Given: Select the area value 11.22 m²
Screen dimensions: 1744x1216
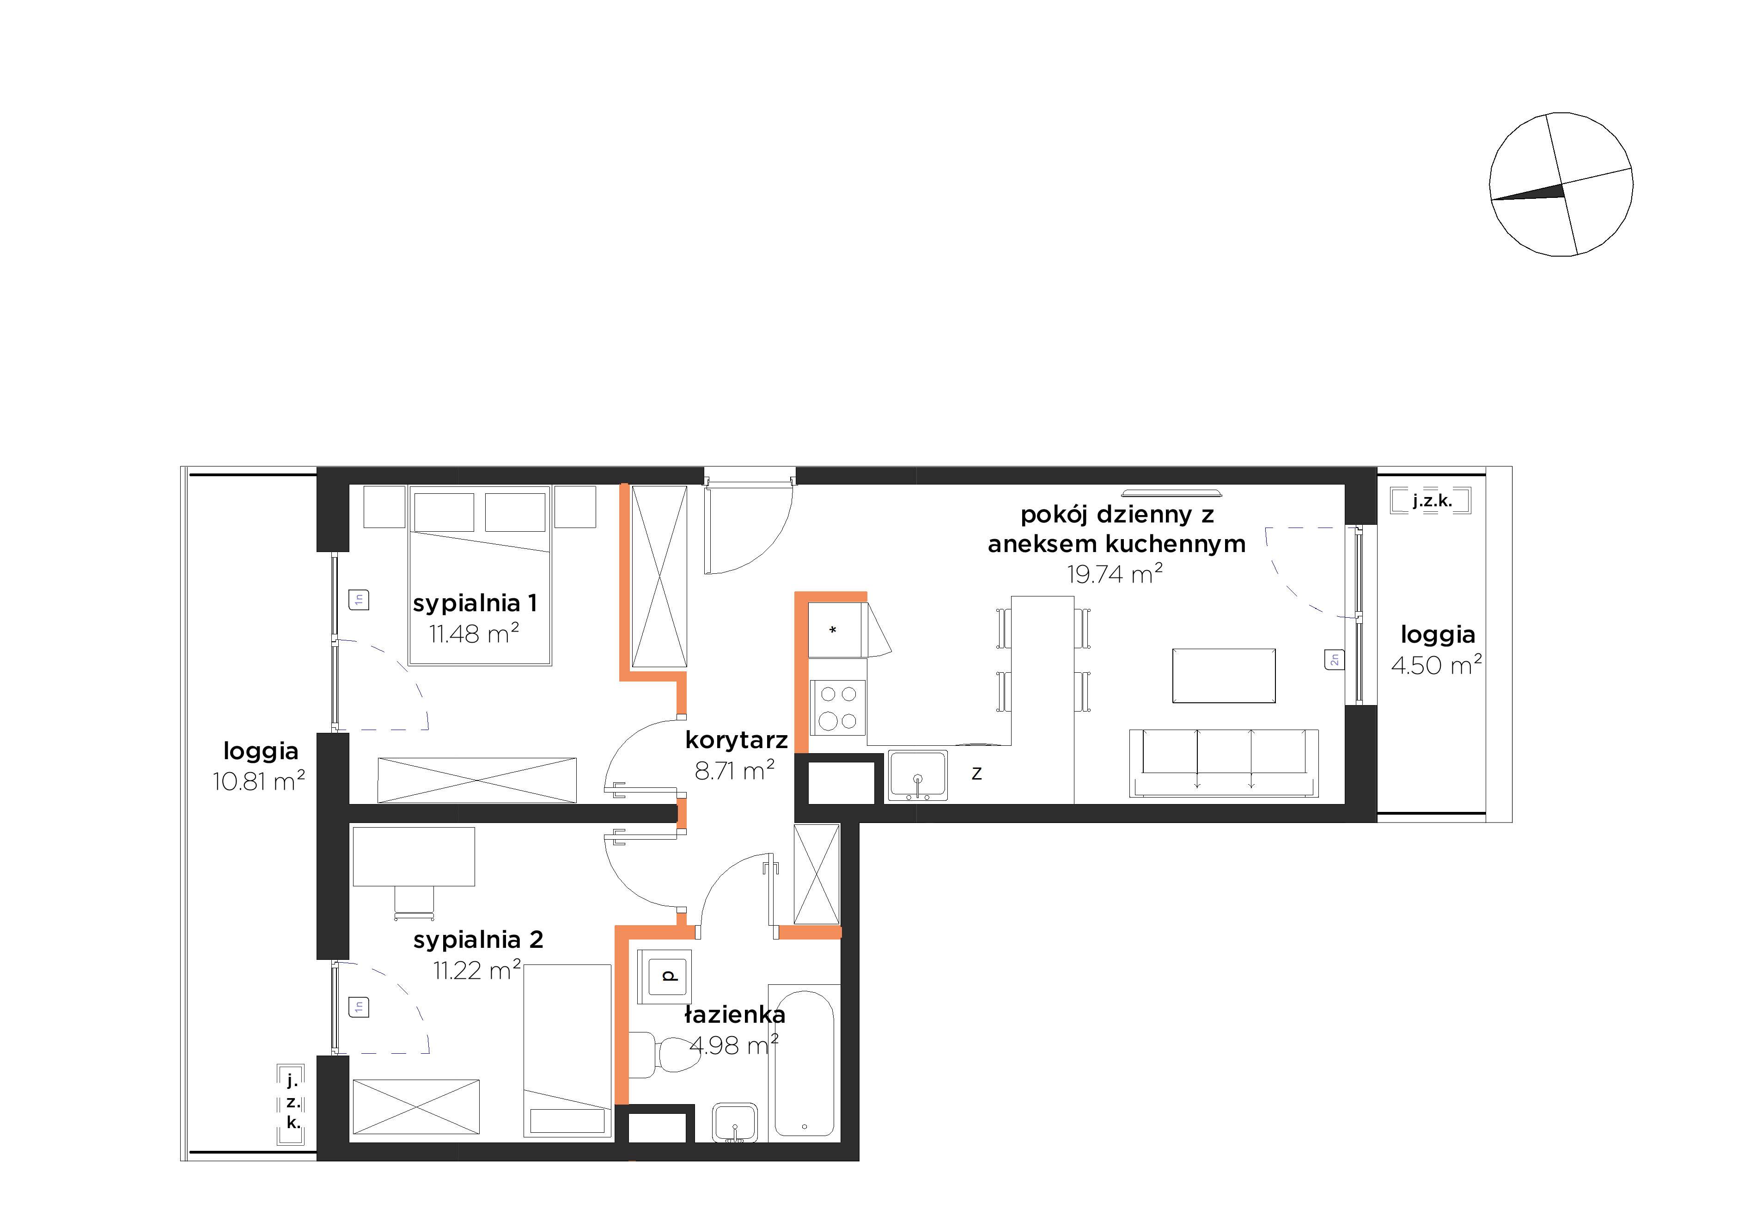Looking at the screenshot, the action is [x=477, y=970].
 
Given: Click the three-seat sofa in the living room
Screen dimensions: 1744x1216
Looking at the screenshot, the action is [x=1224, y=763].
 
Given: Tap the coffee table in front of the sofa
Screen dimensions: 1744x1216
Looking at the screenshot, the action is [x=1224, y=676].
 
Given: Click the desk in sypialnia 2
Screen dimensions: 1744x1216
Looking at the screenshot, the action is [x=414, y=857].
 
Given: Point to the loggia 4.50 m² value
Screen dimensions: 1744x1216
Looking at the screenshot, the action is [x=1436, y=665].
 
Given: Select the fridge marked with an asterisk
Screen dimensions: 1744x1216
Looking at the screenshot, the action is [x=835, y=630].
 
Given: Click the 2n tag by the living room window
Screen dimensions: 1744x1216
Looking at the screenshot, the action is [x=1334, y=660].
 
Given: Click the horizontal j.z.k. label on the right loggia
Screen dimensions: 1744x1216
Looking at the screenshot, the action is [x=1432, y=501].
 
